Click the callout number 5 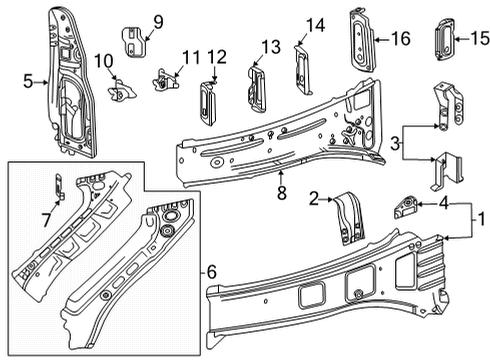28,83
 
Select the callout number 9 157,21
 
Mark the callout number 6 211,271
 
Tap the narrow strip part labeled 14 298,68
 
